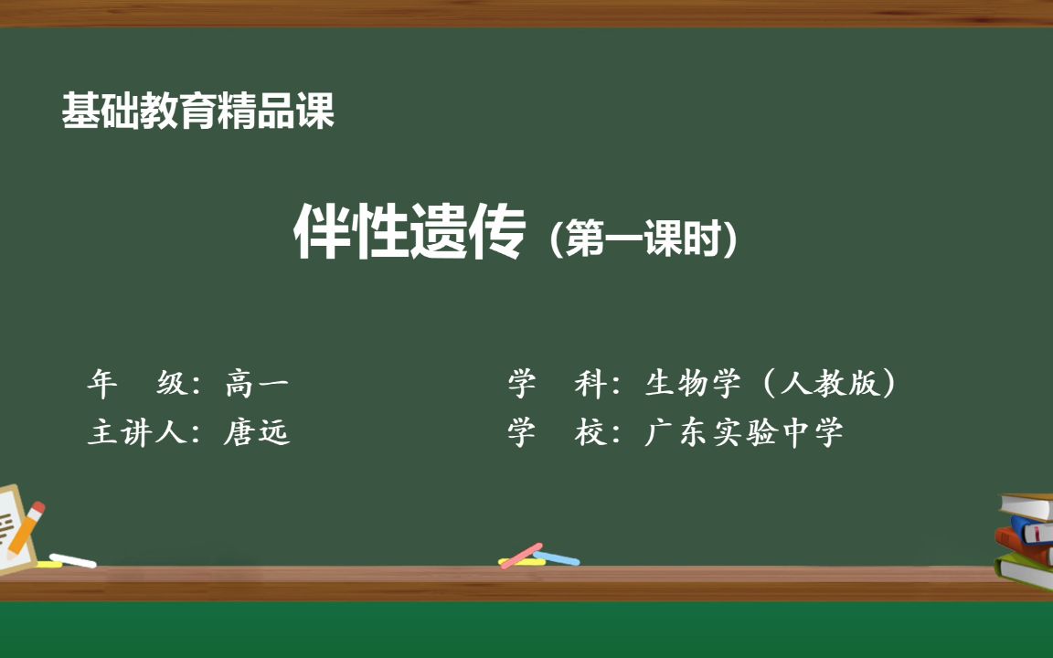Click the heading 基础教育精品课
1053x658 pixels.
pos(198,111)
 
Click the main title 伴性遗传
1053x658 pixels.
pos(409,233)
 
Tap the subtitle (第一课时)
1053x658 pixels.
pos(643,239)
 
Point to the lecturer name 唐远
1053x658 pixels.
pos(257,431)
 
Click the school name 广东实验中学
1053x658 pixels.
pos(743,431)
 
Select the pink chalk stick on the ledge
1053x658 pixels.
pos(521,556)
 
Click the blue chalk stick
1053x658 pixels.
pos(557,557)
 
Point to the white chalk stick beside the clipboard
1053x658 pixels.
pos(73,559)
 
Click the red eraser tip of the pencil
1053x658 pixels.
pos(37,508)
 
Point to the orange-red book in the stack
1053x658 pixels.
pos(1024,546)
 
